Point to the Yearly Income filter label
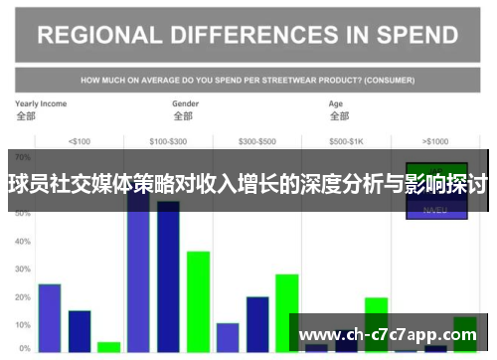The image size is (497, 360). (41, 103)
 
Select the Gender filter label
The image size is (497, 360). (186, 103)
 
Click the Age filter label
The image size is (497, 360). (337, 103)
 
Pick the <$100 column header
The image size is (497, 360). (79, 140)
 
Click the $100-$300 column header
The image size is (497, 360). (167, 140)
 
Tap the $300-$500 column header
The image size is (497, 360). (257, 140)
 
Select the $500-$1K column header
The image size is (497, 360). (345, 140)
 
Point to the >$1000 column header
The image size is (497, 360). (434, 140)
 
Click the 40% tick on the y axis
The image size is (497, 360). (23, 242)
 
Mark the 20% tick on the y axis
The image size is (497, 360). (23, 297)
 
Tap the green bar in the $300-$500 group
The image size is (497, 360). (287, 312)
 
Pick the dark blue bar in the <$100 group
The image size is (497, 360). (80, 331)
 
